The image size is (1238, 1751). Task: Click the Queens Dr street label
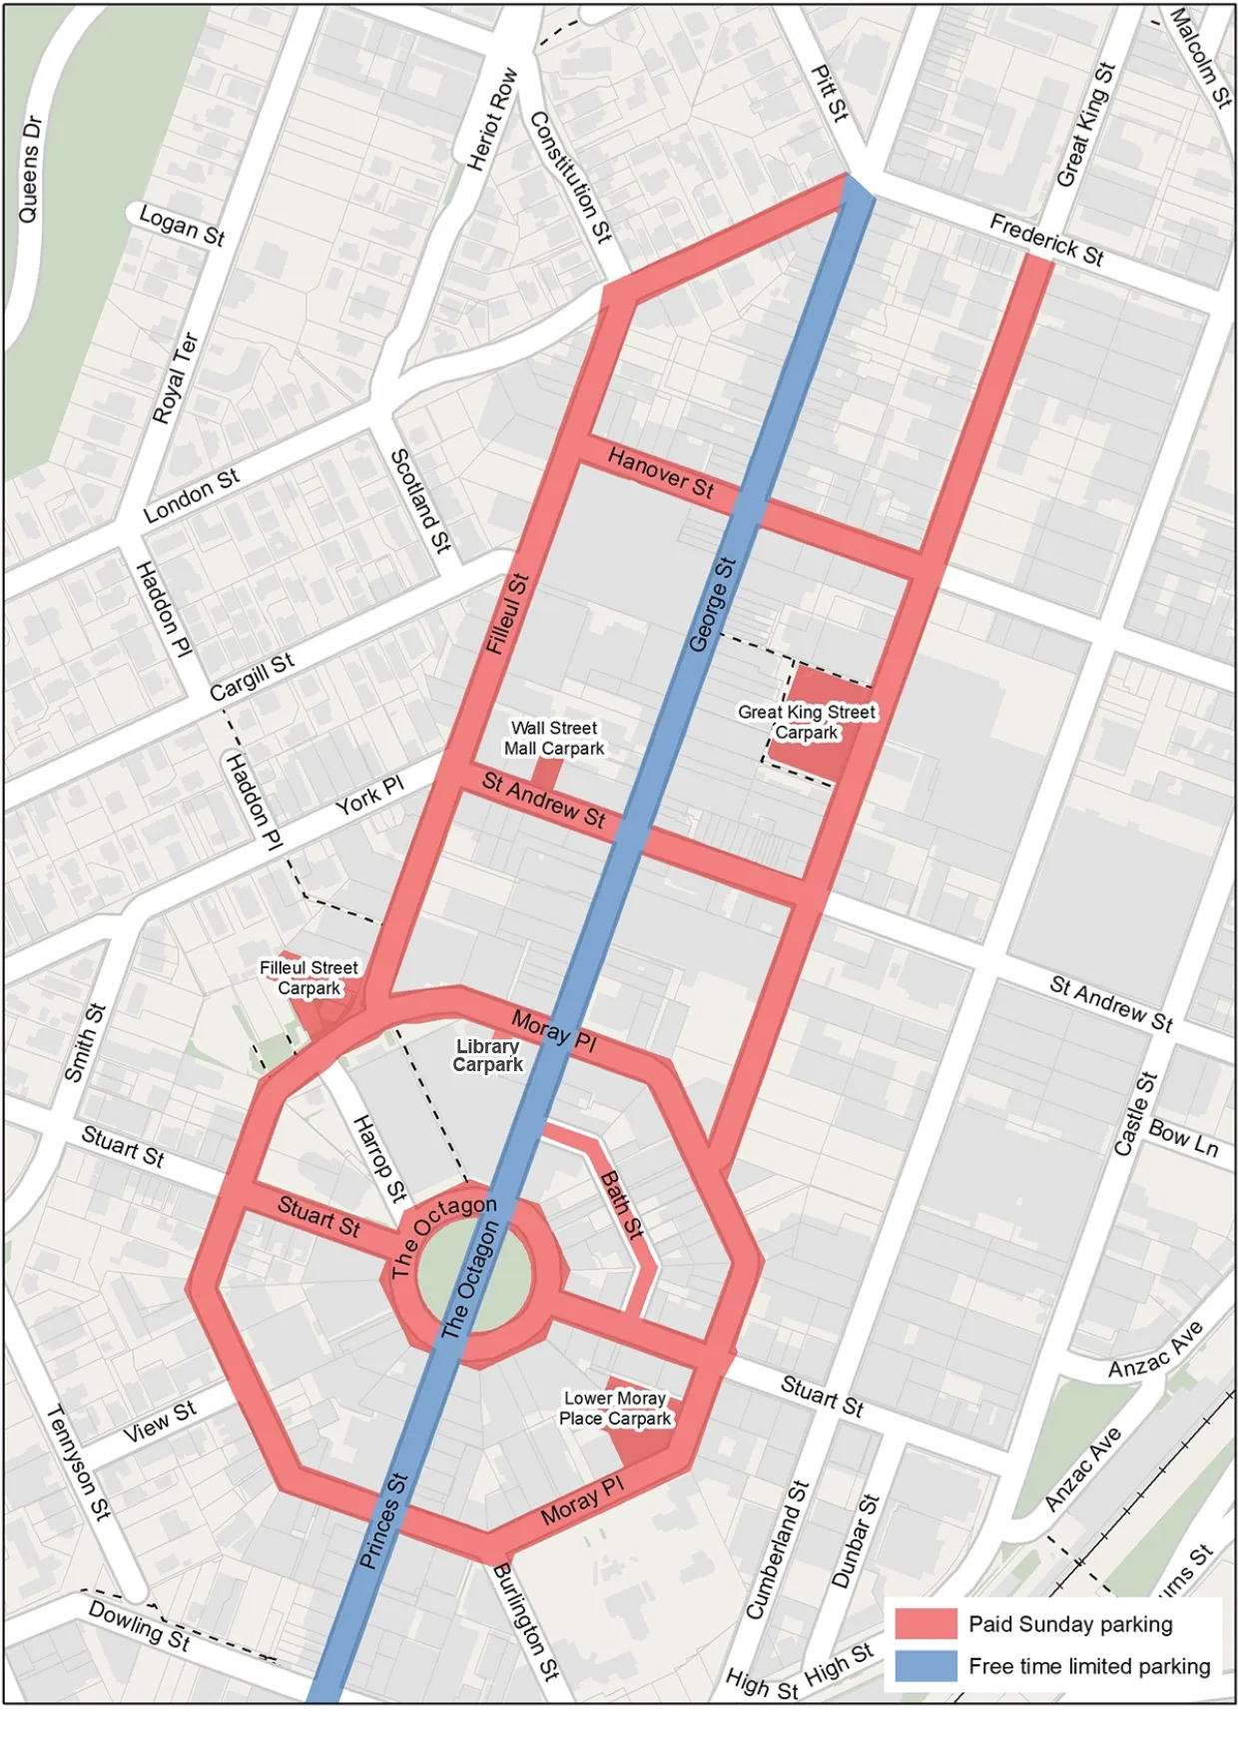pos(31,170)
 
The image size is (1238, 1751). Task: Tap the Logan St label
pos(182,225)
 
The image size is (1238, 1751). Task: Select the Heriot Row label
pos(492,119)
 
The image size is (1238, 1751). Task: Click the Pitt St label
pos(830,94)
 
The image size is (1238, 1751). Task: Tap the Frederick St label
pos(1046,241)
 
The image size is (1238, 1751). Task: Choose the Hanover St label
pos(661,473)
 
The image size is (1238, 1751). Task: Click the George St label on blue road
pos(713,605)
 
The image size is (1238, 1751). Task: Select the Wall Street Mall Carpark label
pos(554,739)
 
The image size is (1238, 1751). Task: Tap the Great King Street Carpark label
pos(807,722)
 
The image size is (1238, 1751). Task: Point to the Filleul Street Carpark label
pos(309,977)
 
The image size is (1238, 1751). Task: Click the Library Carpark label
pos(488,1055)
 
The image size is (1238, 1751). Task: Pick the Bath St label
pos(622,1205)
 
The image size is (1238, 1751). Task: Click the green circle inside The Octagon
pos(473,1279)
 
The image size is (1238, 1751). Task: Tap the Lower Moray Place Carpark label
pos(615,1409)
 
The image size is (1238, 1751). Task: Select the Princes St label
pos(383,1520)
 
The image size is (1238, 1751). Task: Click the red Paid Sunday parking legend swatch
pos(926,1623)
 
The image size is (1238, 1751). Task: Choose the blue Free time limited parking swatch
pos(926,1665)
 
